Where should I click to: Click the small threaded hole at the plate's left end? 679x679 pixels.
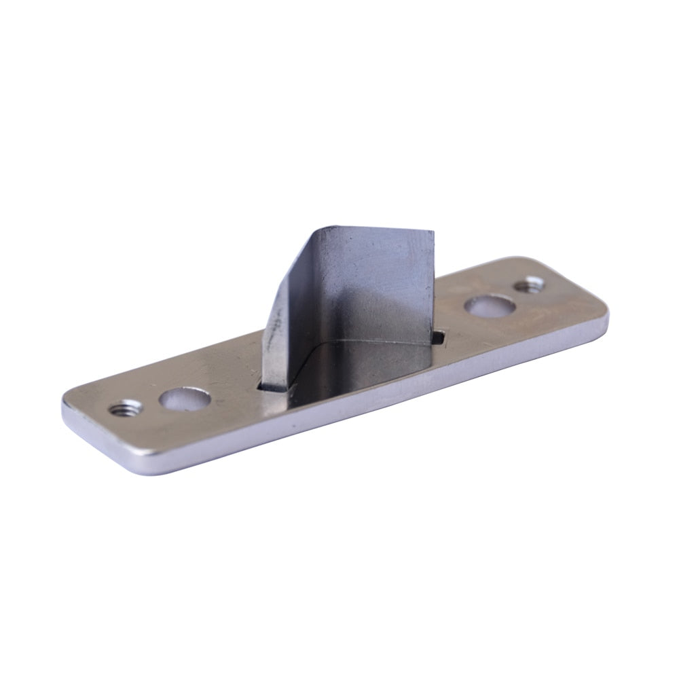(126, 408)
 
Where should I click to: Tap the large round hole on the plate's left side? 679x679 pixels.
(184, 398)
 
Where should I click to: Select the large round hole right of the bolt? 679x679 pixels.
(489, 306)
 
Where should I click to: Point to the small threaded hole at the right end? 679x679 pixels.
(529, 285)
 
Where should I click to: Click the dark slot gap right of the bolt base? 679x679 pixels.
(439, 335)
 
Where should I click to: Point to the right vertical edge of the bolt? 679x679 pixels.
(433, 285)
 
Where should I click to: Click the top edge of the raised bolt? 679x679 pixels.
(373, 230)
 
